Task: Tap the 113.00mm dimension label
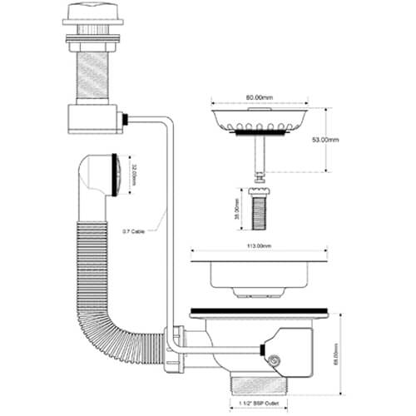pyautogui.click(x=261, y=247)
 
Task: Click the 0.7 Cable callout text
pyautogui.click(x=133, y=231)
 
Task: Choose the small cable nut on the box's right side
pyautogui.click(x=125, y=121)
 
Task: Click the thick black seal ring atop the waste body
pyautogui.click(x=261, y=312)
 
